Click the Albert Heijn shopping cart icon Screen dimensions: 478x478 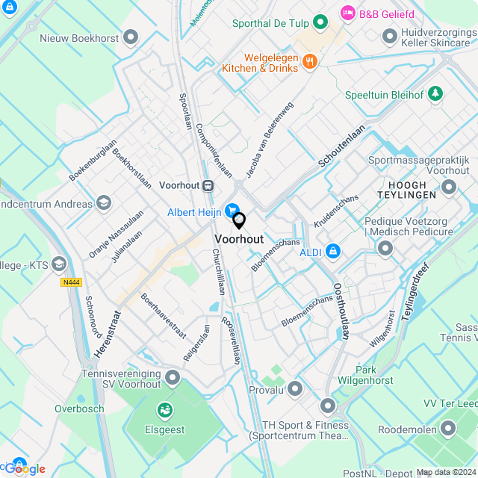232,212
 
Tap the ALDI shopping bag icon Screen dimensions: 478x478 332,252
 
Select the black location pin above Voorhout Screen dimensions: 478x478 239,221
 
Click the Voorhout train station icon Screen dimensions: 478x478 208,185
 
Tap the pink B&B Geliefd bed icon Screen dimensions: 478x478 347,13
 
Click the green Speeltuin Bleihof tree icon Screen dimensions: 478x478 435,95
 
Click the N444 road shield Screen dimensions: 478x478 71,282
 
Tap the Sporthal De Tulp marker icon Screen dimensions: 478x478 320,22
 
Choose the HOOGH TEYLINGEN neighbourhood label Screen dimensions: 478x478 407,190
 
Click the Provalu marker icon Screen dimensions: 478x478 295,388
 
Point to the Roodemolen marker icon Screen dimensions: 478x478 448,429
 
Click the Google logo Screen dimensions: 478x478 26,469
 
